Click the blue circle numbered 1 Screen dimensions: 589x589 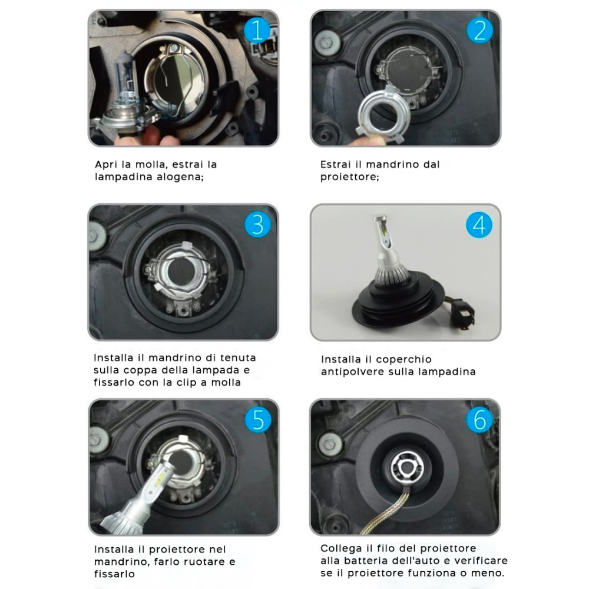tap(257, 30)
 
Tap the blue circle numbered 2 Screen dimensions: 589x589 tap(479, 30)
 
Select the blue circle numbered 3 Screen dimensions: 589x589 tap(258, 224)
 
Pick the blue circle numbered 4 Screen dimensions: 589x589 tap(479, 224)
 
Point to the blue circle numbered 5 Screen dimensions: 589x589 tap(258, 419)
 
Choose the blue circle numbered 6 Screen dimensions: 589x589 tap(479, 419)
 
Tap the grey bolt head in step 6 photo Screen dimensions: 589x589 tap(330, 444)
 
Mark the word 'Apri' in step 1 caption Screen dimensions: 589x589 tap(106, 165)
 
